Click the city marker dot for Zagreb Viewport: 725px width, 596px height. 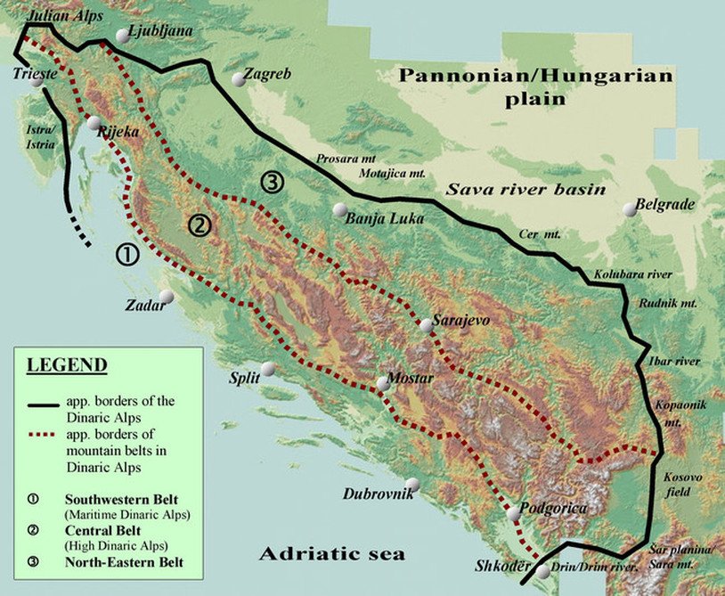(x=239, y=79)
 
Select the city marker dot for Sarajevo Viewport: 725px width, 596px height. (x=427, y=327)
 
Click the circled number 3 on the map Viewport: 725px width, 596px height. (x=273, y=184)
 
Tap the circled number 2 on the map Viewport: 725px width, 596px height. (x=200, y=225)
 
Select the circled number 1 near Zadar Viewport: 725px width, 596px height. (x=128, y=255)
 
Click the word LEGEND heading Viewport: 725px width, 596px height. (x=67, y=365)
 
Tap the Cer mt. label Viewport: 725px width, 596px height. (x=540, y=234)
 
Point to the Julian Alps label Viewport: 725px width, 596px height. (x=64, y=16)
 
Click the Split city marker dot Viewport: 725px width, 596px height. (x=268, y=369)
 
